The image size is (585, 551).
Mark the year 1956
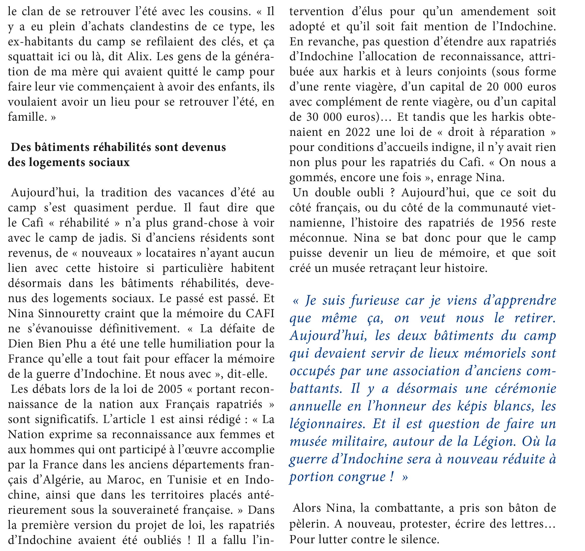[x=512, y=223]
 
